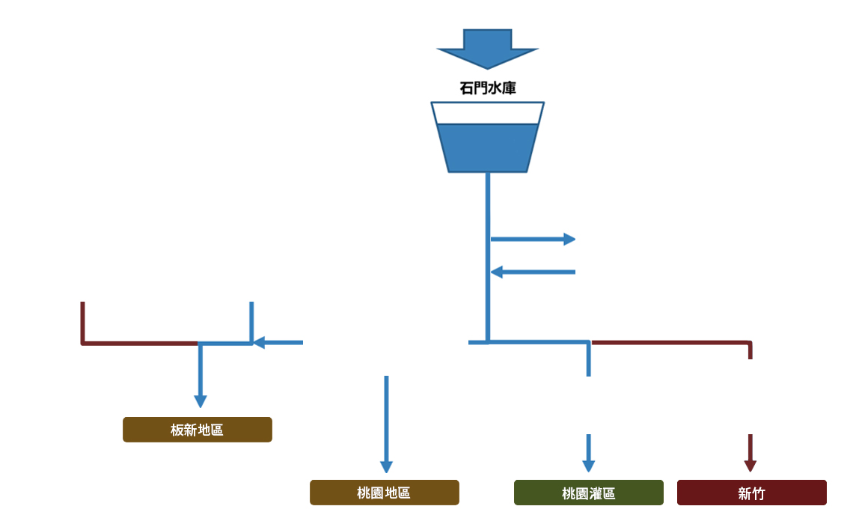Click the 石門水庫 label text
(488, 88)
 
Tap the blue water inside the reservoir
(488, 148)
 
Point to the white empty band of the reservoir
(488, 113)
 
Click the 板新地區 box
(198, 430)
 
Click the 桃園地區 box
(385, 493)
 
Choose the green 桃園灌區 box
(588, 493)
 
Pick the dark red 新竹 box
(751, 493)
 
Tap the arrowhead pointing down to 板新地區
(200, 401)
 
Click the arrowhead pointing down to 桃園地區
(386, 467)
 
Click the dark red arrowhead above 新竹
(750, 466)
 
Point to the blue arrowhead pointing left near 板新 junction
(259, 343)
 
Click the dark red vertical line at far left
(82, 322)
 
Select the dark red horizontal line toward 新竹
(670, 343)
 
